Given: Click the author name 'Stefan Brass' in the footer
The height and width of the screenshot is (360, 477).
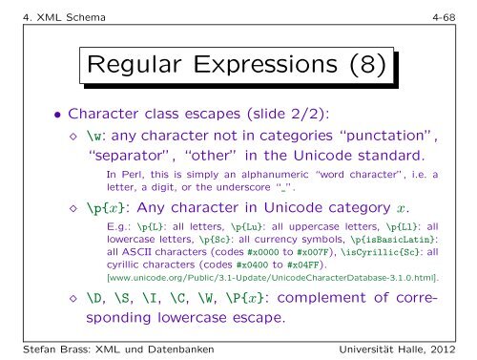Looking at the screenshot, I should [45, 348].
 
